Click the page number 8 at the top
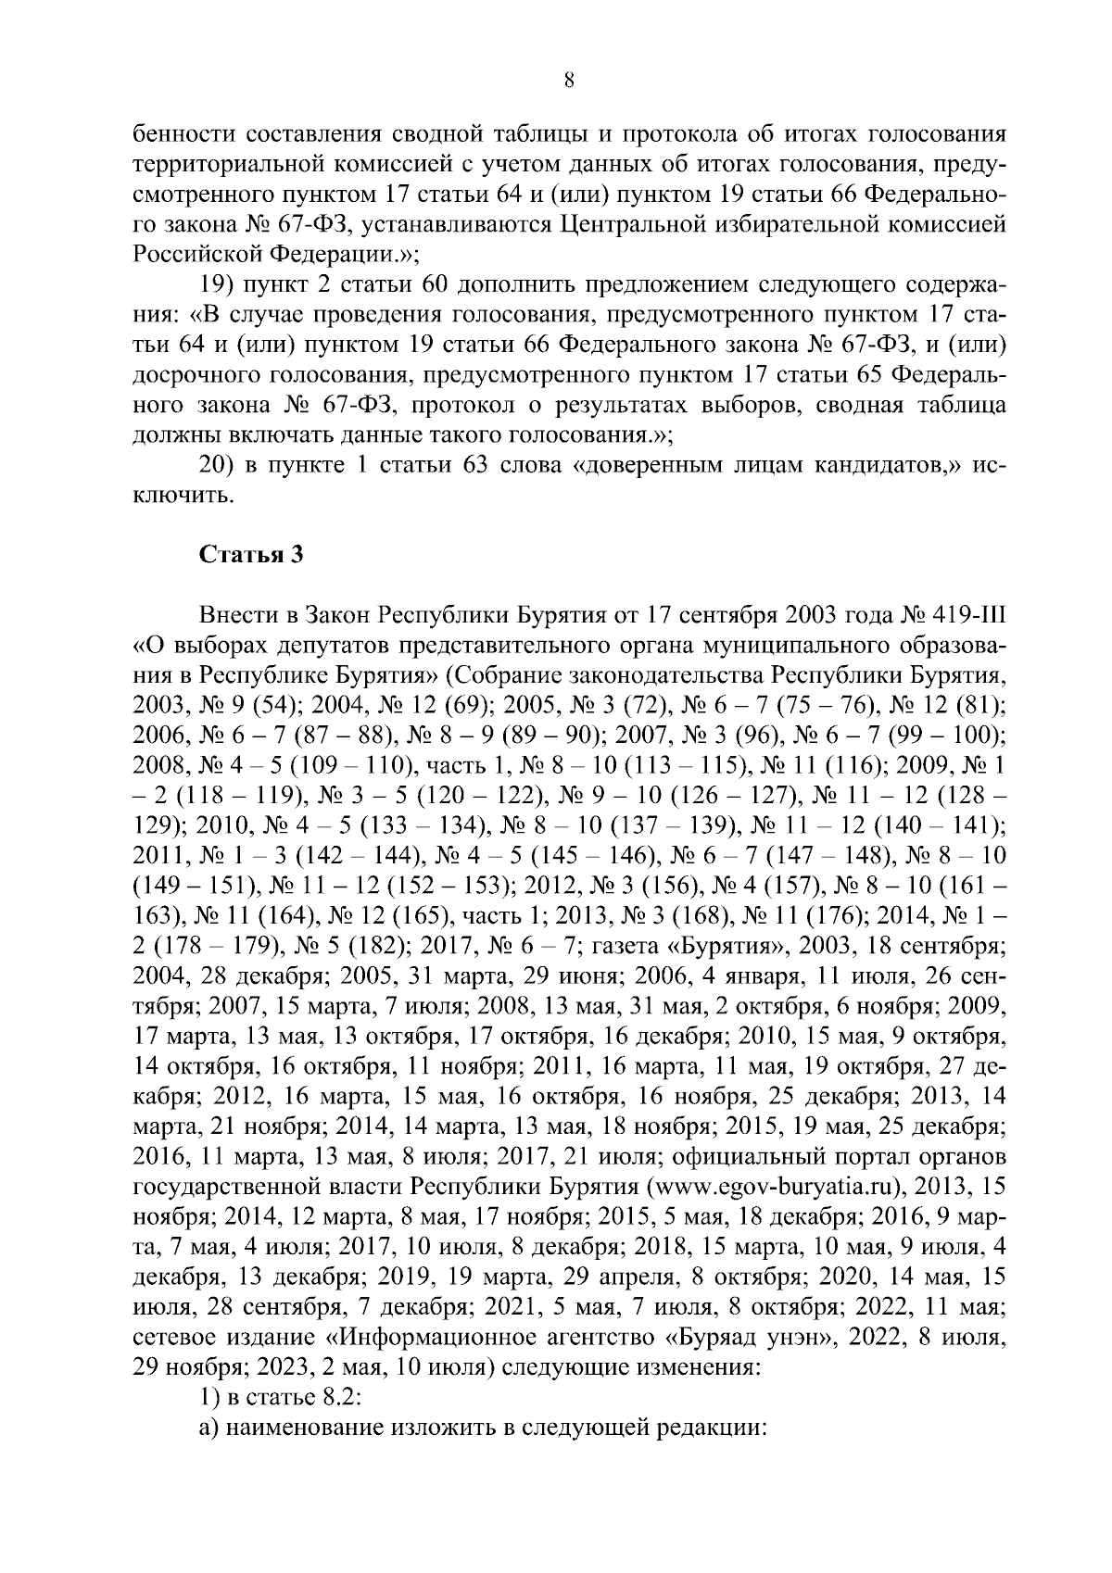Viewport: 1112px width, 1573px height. tap(569, 81)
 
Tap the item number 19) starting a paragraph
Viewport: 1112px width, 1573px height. tap(217, 284)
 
